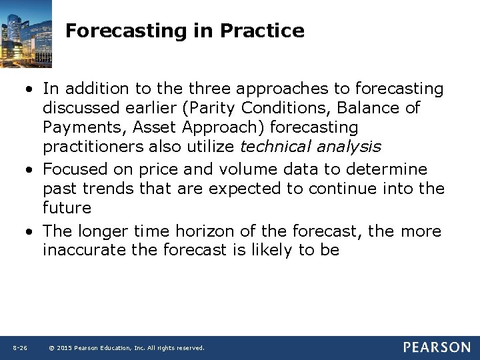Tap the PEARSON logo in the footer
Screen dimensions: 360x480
[436, 347]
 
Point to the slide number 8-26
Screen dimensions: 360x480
[19, 348]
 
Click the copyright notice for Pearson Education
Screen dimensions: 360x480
[127, 348]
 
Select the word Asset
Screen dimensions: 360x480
[153, 127]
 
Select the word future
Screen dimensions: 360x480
[66, 208]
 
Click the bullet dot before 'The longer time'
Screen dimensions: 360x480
[31, 232]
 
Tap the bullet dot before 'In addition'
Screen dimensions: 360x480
[31, 89]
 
